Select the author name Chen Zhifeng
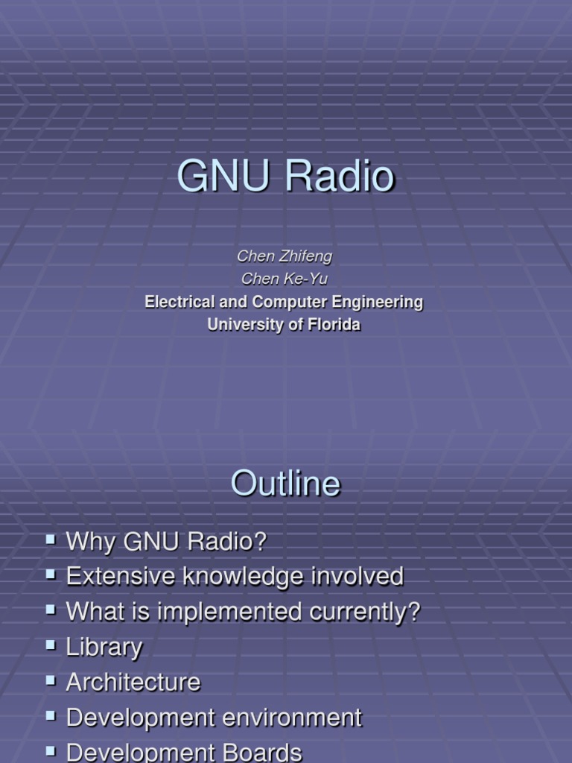tap(285, 256)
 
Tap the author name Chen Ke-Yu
tap(285, 279)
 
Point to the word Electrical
tap(179, 302)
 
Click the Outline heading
tap(285, 484)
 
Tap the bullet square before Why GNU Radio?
tap(51, 538)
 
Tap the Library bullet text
tap(104, 648)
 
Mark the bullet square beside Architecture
tap(51, 679)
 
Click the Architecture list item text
tap(133, 683)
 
